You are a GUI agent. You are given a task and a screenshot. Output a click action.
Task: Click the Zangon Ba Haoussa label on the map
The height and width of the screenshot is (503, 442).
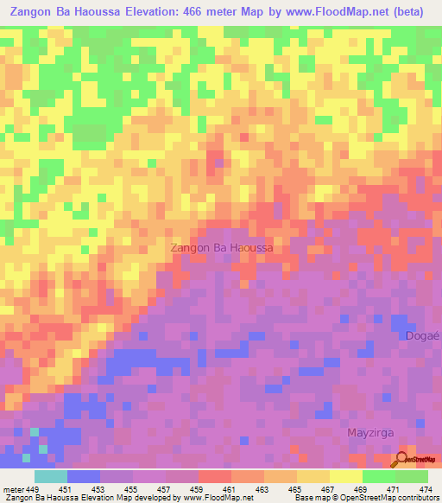pyautogui.click(x=223, y=247)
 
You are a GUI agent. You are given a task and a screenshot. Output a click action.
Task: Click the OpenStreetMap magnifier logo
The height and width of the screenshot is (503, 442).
pyautogui.click(x=401, y=459)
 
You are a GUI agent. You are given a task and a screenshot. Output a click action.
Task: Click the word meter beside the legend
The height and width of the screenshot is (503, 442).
pyautogui.click(x=14, y=490)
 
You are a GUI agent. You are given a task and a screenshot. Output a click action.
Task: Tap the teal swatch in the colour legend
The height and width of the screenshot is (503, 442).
pyautogui.click(x=51, y=476)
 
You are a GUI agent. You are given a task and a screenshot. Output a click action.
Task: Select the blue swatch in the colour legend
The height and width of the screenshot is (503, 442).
pyautogui.click(x=84, y=476)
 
